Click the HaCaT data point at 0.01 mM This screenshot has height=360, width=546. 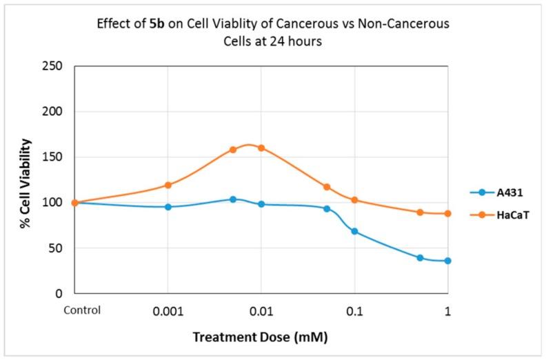[x=261, y=148]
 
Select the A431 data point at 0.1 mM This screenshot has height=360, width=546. [x=354, y=231]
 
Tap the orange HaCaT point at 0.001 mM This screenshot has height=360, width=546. [x=168, y=185]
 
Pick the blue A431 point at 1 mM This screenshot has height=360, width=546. [x=447, y=261]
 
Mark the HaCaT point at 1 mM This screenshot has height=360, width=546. [x=447, y=214]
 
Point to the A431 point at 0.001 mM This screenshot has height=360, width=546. [x=168, y=207]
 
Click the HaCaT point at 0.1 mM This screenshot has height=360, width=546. [x=354, y=200]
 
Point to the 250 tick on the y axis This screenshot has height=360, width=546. [x=53, y=66]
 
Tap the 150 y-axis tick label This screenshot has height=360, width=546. [x=53, y=157]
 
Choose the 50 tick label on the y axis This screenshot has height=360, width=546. [x=56, y=248]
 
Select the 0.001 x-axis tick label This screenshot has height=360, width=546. [x=168, y=311]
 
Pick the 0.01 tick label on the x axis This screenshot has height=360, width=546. [x=261, y=311]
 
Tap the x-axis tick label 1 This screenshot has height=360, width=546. [x=447, y=311]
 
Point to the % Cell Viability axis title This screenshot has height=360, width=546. [x=25, y=179]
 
